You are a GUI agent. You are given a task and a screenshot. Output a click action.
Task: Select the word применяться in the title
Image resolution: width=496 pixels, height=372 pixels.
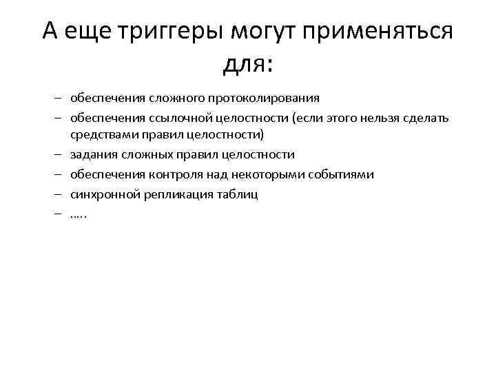click(x=382, y=32)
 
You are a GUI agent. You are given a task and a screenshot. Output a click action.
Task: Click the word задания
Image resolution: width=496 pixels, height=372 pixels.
click(x=92, y=154)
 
